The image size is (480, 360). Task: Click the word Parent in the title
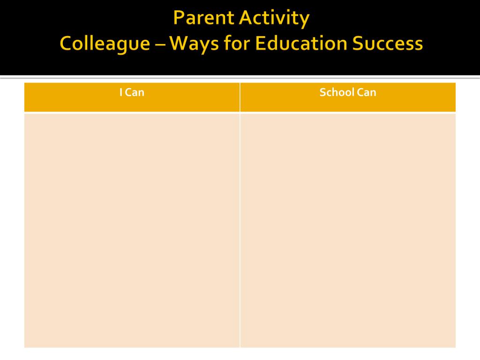pos(203,18)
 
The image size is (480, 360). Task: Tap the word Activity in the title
pos(274,19)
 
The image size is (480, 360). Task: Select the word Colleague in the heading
pos(105,44)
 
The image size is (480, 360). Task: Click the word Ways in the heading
pos(194,44)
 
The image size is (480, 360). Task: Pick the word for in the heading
pos(237,43)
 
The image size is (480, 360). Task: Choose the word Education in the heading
pos(301,43)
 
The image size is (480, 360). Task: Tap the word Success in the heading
pos(388,44)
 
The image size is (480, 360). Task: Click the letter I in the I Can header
pos(121,92)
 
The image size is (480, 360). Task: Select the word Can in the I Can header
pos(135,92)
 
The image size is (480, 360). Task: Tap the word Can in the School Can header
pos(367,92)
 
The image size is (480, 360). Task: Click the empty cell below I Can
pos(132,230)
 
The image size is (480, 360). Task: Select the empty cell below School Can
pos(348,230)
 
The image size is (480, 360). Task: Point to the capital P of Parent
pos(179,18)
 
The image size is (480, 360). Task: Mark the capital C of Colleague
pos(67,43)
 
